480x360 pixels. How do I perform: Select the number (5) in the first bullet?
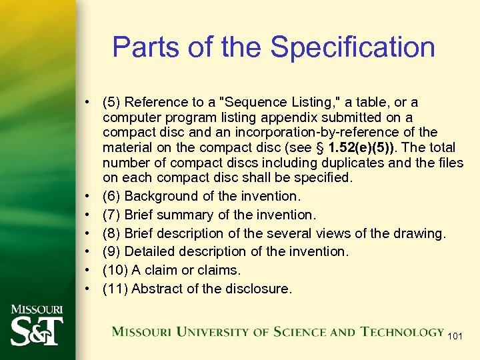click(x=111, y=102)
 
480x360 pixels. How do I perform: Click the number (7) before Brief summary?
click(x=111, y=215)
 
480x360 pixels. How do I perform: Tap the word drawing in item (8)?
click(x=421, y=233)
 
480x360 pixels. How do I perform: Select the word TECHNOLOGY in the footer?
click(x=403, y=332)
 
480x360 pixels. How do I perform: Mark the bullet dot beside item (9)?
click(x=87, y=252)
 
